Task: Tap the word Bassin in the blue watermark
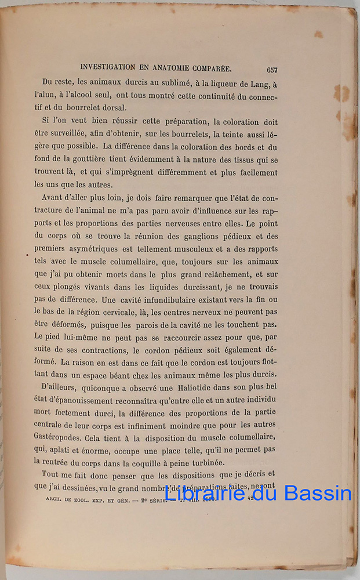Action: point(320,493)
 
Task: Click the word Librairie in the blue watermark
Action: point(198,493)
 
